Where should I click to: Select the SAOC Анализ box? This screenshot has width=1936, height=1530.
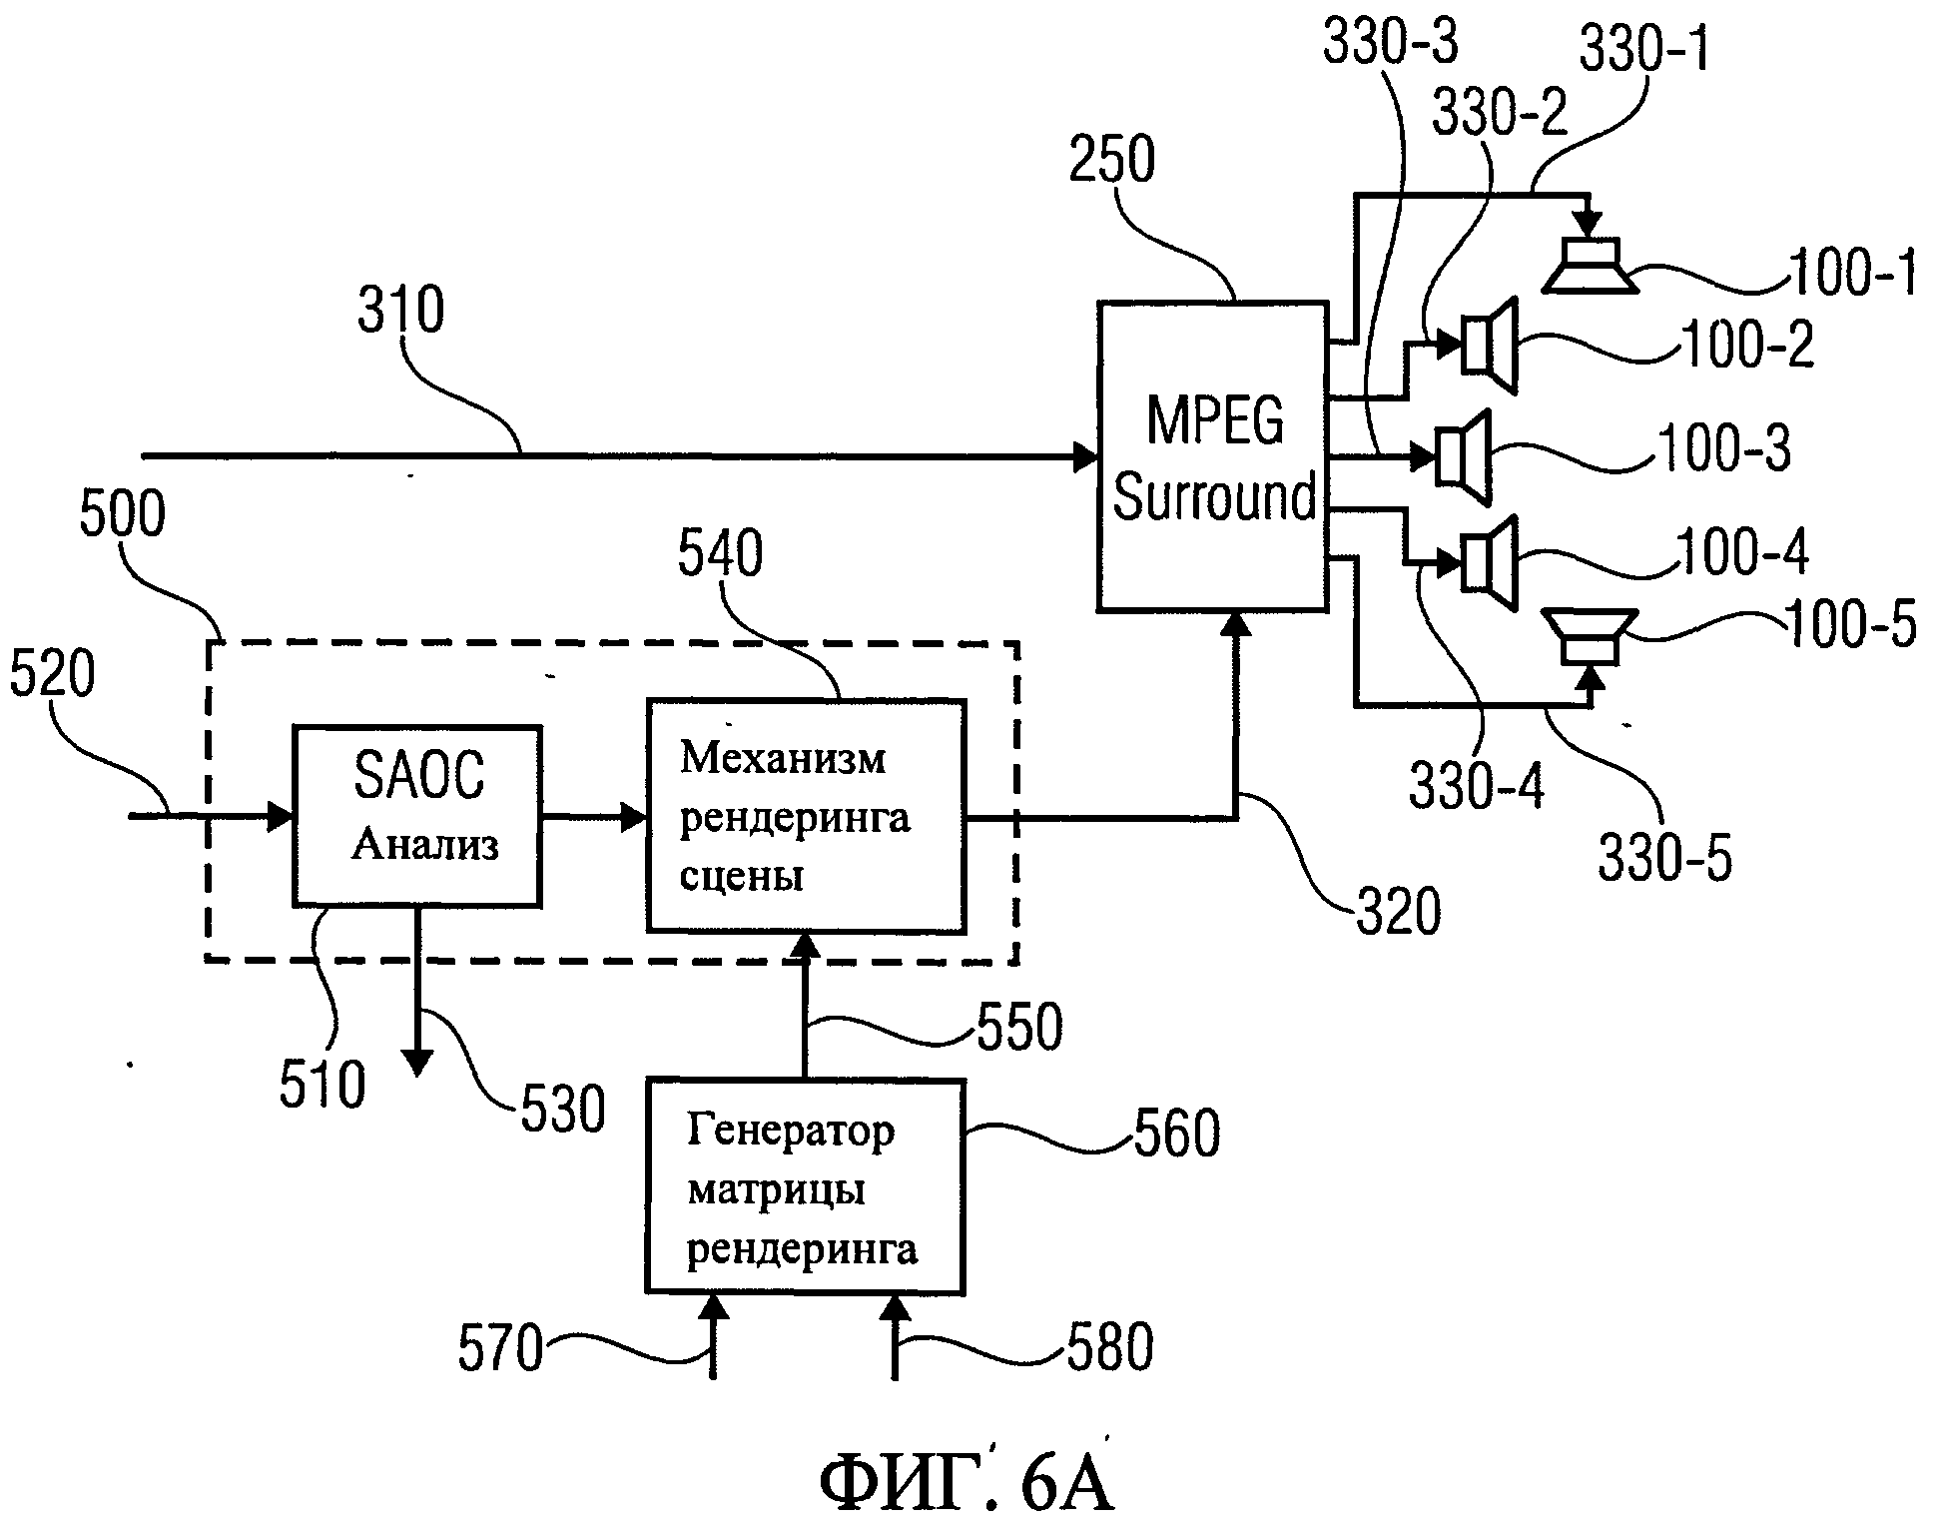pyautogui.click(x=417, y=816)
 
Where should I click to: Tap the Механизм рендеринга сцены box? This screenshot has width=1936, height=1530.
pyautogui.click(x=806, y=816)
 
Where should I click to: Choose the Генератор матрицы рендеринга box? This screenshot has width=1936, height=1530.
pyautogui.click(x=805, y=1186)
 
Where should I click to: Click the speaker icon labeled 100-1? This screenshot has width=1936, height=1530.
pyautogui.click(x=1590, y=267)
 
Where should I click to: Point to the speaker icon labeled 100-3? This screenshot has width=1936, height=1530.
pyautogui.click(x=1464, y=456)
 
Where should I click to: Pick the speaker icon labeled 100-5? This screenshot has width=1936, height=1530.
pyautogui.click(x=1590, y=636)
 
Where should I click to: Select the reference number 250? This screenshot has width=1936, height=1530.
pyautogui.click(x=1111, y=160)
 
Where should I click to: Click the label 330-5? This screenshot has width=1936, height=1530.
pyautogui.click(x=1664, y=857)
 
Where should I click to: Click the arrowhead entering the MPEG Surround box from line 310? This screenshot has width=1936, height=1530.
pyautogui.click(x=1085, y=457)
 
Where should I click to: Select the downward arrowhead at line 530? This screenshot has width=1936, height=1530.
pyautogui.click(x=417, y=1063)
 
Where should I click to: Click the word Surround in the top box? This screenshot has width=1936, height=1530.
pyautogui.click(x=1214, y=496)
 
